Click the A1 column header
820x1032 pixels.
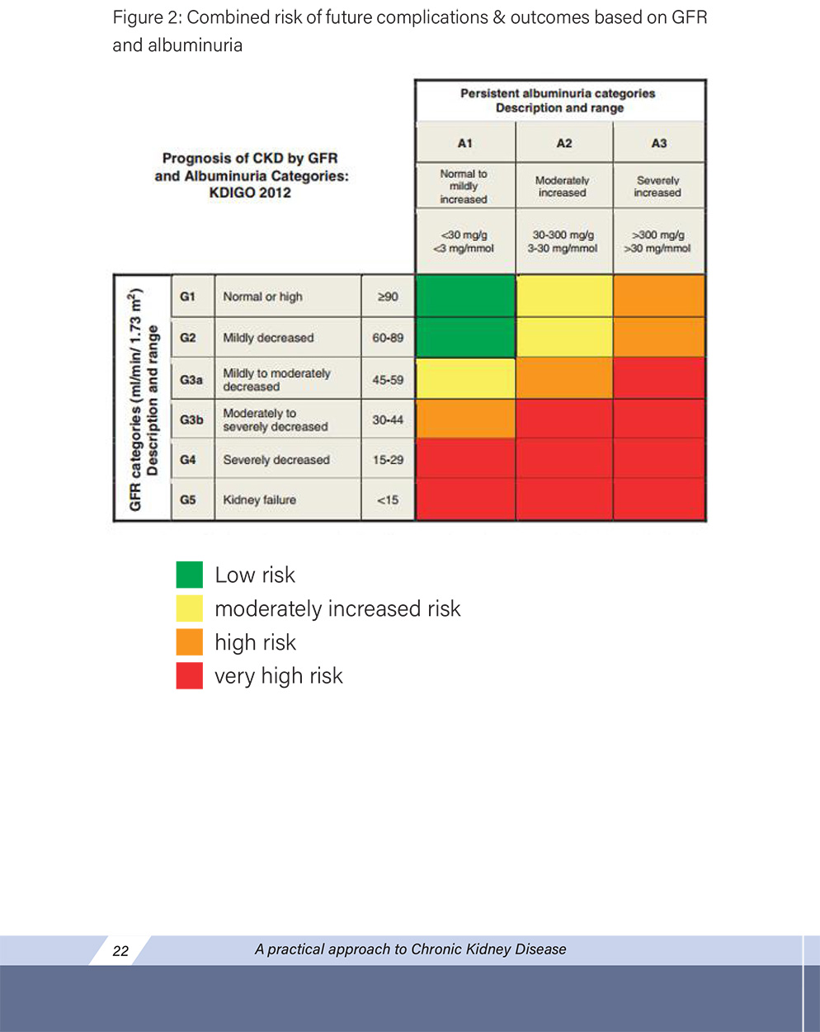pyautogui.click(x=465, y=143)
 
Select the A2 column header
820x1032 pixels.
pyautogui.click(x=564, y=143)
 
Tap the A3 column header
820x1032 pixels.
pyautogui.click(x=659, y=143)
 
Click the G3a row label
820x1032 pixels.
pyautogui.click(x=191, y=380)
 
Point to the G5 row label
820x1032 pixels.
pyautogui.click(x=188, y=499)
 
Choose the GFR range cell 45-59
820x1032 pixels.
pyautogui.click(x=388, y=380)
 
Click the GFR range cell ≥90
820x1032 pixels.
pyautogui.click(x=388, y=296)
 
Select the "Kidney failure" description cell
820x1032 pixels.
pyautogui.click(x=260, y=499)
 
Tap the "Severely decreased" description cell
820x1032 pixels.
pyautogui.click(x=276, y=460)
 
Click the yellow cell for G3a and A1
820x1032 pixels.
pyautogui.click(x=465, y=378)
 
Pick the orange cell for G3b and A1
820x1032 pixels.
pyautogui.click(x=465, y=419)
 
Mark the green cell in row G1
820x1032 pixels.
pyautogui.click(x=465, y=296)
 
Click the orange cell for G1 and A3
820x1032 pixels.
pyautogui.click(x=659, y=296)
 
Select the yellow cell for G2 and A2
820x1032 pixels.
pyautogui.click(x=564, y=337)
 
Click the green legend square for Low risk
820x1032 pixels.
pyautogui.click(x=190, y=575)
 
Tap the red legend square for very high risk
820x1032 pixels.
pyautogui.click(x=190, y=675)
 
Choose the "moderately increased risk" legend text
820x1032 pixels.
pyautogui.click(x=337, y=608)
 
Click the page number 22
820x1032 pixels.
pyautogui.click(x=120, y=950)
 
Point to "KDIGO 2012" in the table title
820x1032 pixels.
pyautogui.click(x=250, y=192)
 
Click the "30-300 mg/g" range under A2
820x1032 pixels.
pyautogui.click(x=563, y=234)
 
